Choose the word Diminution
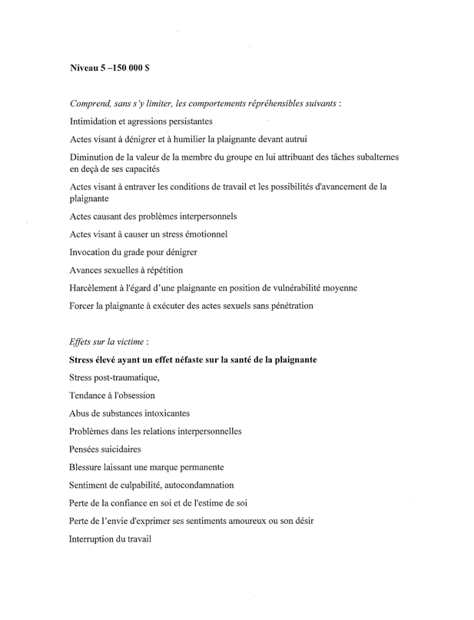[x=98, y=157]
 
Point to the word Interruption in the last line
[x=98, y=539]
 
